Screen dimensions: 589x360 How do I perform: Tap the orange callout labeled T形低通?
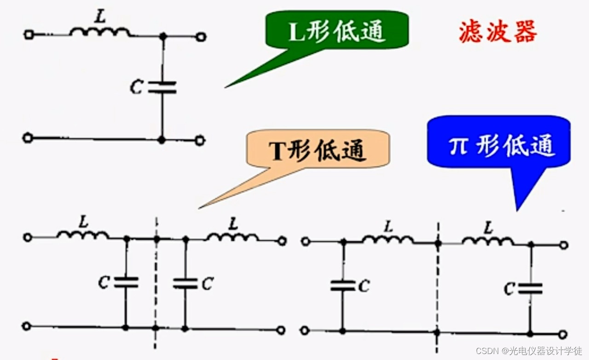coord(318,150)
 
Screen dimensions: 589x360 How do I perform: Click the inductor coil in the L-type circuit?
coord(100,32)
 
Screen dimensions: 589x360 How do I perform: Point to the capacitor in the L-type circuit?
coord(162,87)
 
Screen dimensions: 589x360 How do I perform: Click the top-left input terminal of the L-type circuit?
coord(29,35)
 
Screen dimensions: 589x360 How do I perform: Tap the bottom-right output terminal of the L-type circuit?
coord(200,140)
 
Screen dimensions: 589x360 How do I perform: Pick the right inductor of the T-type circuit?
coord(232,237)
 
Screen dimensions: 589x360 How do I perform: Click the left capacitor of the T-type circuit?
coord(126,282)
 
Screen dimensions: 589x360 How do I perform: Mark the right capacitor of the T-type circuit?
coord(185,283)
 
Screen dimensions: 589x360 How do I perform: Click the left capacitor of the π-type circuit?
coord(342,285)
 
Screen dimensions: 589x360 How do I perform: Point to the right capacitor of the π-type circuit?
coord(530,289)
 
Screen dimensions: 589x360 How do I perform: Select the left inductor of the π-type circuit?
coord(388,239)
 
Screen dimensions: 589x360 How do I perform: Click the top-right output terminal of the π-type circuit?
coord(564,245)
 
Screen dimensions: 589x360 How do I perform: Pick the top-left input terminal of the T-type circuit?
coord(28,238)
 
